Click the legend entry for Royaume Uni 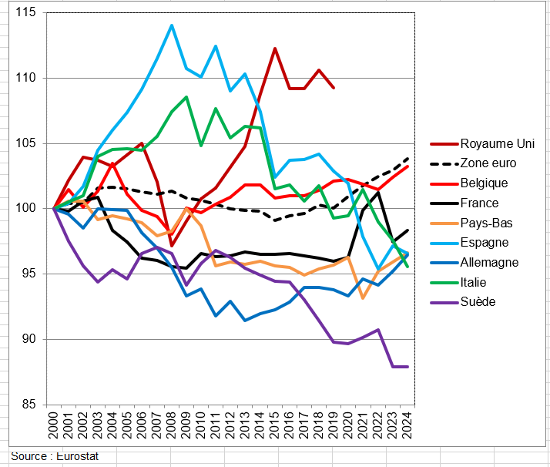[496, 143]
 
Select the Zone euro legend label [488, 163]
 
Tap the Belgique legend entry [484, 183]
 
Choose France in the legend [479, 203]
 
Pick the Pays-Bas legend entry [486, 223]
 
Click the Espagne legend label [484, 243]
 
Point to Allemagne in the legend [489, 262]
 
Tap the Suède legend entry [478, 301]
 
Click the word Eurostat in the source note [77, 456]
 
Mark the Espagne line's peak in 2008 [171, 25]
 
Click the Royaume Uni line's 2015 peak [274, 49]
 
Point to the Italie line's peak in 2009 [186, 97]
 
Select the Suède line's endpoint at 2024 [407, 366]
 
